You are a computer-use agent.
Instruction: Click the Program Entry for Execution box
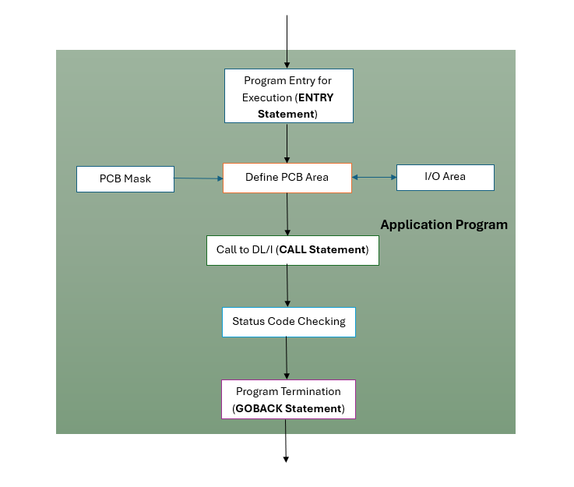pos(288,96)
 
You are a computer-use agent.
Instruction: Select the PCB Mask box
pos(125,179)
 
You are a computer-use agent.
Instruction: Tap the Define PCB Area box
pos(287,178)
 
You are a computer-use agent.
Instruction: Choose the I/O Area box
pos(445,177)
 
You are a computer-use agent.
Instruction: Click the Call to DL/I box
pos(292,250)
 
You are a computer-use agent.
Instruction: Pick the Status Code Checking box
pos(288,322)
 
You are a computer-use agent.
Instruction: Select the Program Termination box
pos(288,400)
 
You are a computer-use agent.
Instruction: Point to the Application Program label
pos(443,225)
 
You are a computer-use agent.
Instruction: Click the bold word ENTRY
pos(315,98)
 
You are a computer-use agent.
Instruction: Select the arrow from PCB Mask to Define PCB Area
pos(199,178)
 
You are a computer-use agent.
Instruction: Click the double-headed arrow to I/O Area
pos(374,178)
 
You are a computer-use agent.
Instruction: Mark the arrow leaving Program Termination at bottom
pos(286,440)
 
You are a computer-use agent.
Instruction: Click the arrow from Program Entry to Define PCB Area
pos(287,143)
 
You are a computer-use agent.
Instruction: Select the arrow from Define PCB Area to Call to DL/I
pos(288,214)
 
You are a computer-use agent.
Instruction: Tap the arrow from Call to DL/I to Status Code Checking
pos(288,286)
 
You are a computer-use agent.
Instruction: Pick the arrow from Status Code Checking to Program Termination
pos(287,358)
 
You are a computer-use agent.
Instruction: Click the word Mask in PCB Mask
pos(136,179)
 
